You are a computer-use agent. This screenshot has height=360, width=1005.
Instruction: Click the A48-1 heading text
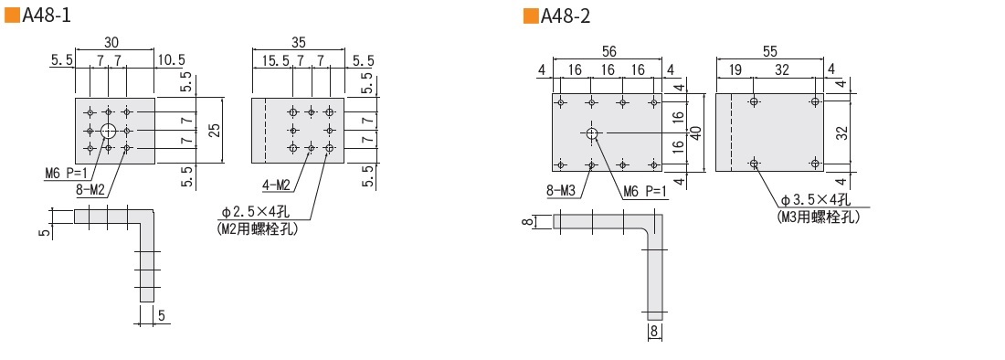(47, 16)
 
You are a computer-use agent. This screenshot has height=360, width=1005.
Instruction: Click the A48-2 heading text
(566, 16)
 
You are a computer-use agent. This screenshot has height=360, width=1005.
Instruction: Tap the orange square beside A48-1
(12, 16)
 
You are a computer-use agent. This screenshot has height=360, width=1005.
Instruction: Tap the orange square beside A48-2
(531, 16)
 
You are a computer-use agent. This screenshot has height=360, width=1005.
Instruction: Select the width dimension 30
(111, 42)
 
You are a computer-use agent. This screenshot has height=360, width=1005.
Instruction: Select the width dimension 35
(298, 42)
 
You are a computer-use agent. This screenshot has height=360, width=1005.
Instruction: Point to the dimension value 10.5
(171, 60)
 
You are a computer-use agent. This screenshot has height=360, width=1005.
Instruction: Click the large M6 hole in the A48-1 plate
(109, 131)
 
